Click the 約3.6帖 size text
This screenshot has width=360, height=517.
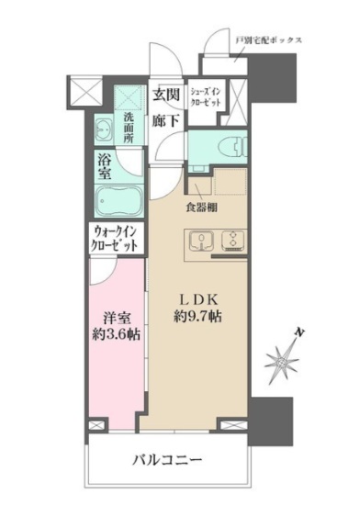[116, 335]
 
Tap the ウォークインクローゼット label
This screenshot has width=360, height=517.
[116, 240]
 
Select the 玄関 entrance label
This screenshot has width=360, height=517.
[165, 95]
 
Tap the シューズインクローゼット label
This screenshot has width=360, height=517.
[204, 98]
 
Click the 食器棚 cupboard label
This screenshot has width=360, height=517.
[201, 207]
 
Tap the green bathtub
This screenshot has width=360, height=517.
[118, 198]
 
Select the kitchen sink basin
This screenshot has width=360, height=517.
[199, 242]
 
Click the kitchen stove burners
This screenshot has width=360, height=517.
[231, 242]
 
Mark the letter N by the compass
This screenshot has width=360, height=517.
[300, 332]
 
